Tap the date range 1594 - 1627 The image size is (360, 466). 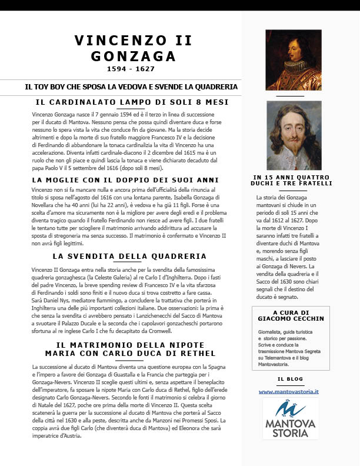131,69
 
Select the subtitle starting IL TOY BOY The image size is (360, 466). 131,86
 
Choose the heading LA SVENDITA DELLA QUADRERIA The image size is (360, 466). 129,257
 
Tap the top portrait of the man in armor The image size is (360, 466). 294,59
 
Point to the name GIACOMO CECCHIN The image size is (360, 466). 291,318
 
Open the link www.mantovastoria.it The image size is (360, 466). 288,391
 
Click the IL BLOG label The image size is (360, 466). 289,380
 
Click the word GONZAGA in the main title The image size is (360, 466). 134,56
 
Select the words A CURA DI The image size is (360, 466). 291,312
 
